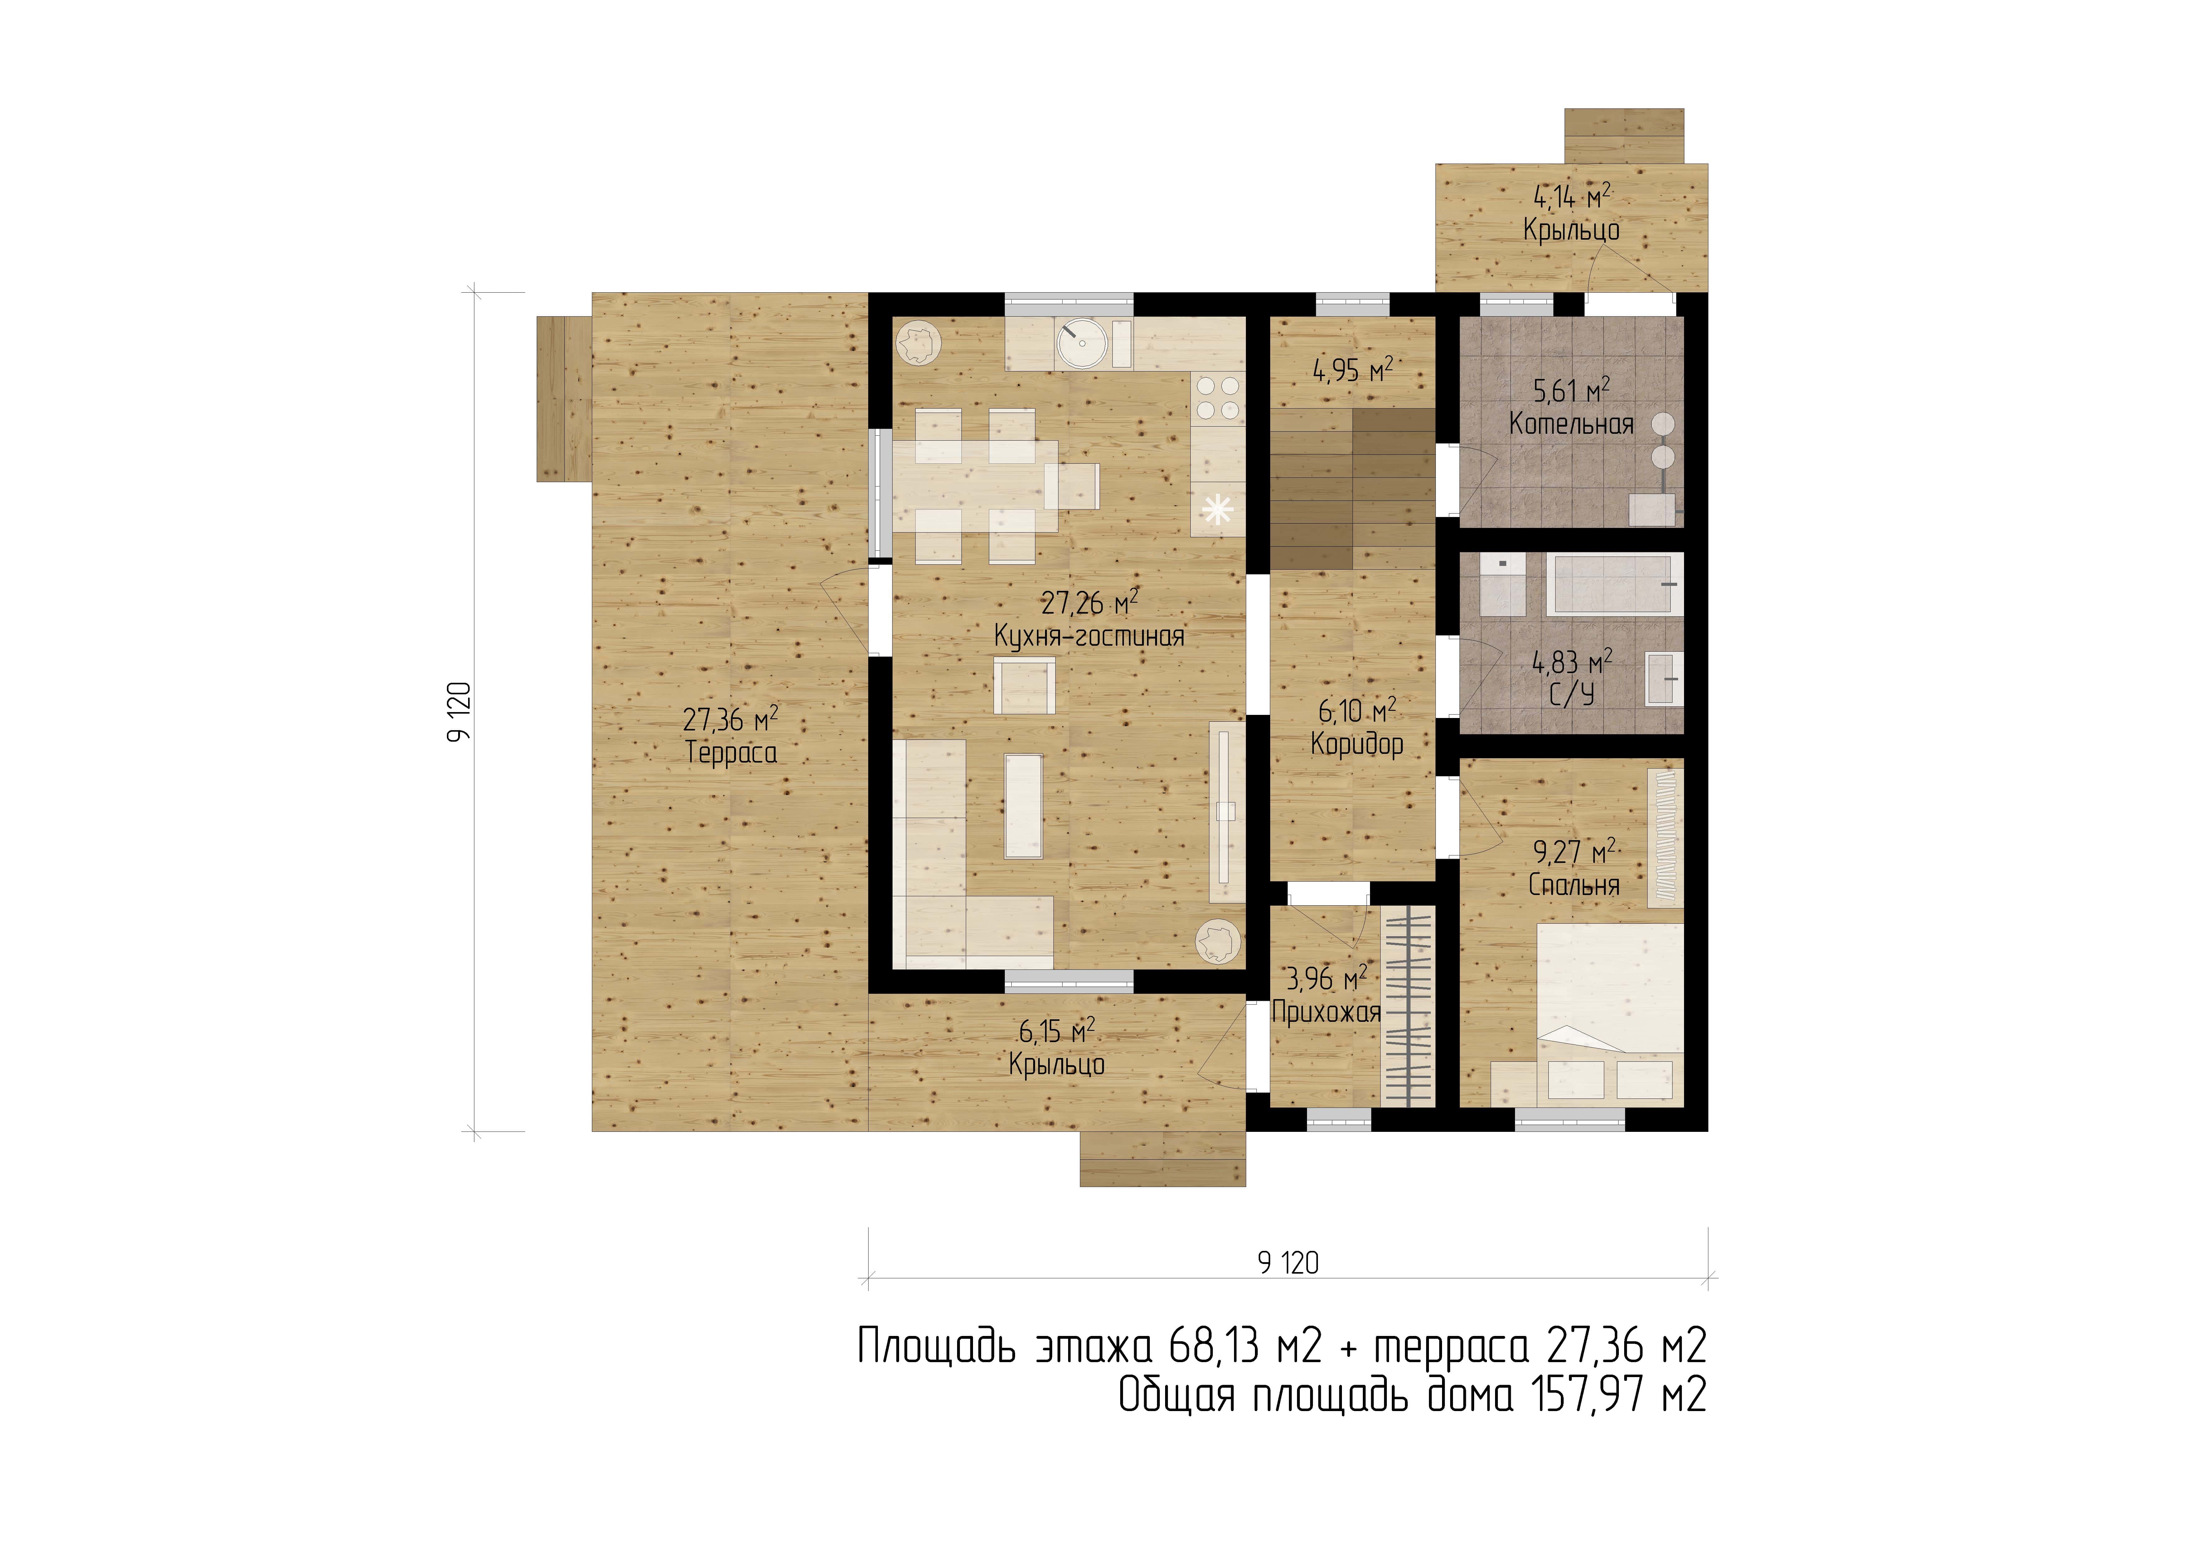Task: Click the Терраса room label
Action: click(731, 753)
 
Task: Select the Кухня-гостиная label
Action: click(1089, 636)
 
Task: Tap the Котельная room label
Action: click(1571, 424)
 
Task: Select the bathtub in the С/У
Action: click(1612, 583)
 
